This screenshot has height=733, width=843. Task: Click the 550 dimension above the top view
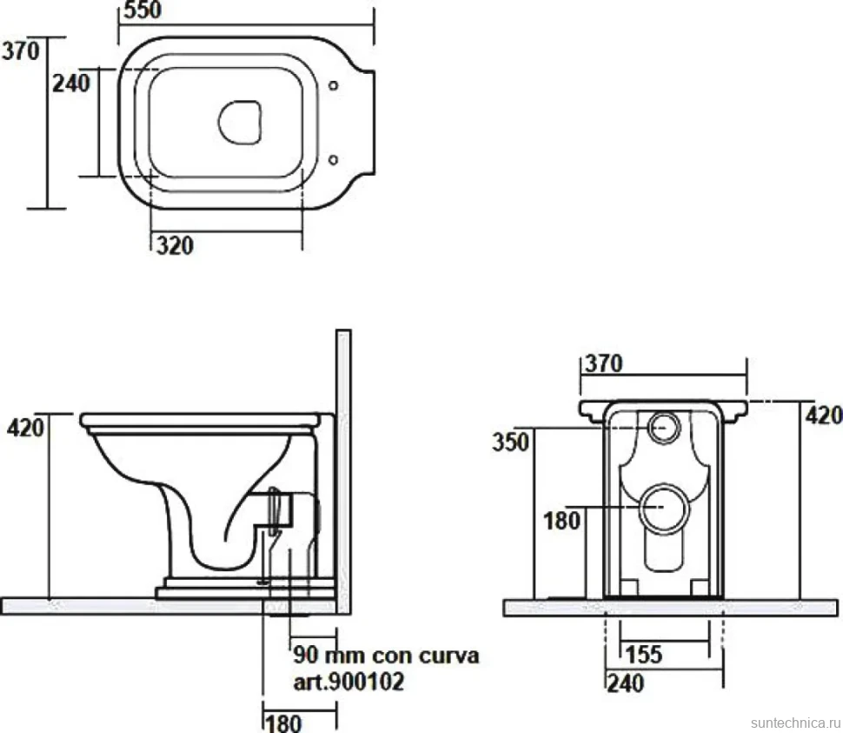tap(143, 10)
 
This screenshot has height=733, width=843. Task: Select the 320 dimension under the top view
tap(176, 246)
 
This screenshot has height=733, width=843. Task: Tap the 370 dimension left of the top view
tap(21, 51)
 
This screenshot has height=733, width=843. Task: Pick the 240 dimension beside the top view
tap(71, 83)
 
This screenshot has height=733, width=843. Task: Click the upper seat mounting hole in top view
tap(334, 85)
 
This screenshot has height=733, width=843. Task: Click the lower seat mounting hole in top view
tap(334, 159)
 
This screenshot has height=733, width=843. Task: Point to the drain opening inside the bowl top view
tap(240, 122)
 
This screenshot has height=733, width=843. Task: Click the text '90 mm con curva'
tap(386, 656)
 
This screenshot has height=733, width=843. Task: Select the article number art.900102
tap(348, 682)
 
